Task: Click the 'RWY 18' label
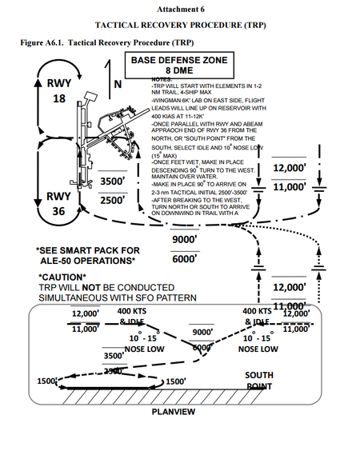(58, 91)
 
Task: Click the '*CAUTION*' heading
(64, 277)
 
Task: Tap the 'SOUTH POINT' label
(258, 380)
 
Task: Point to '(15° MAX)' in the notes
(168, 155)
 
